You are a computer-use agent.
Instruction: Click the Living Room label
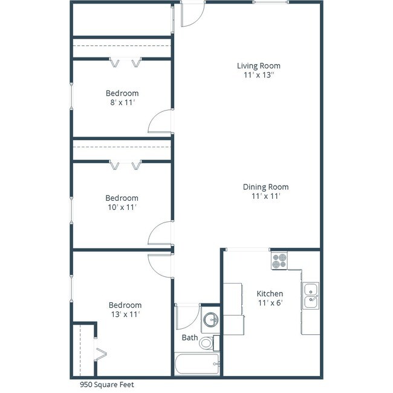[258, 66]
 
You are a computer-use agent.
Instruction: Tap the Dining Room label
[265, 187]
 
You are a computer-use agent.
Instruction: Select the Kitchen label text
[270, 294]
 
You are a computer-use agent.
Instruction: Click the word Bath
[190, 337]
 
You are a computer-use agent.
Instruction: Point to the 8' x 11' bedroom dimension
[122, 103]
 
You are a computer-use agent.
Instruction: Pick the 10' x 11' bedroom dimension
[122, 207]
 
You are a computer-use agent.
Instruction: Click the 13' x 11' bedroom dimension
[125, 314]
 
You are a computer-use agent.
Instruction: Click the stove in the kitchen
[279, 261]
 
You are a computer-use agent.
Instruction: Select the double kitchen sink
[311, 295]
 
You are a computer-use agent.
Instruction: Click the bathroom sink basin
[210, 319]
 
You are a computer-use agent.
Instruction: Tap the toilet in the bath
[207, 343]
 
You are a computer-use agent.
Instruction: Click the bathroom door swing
[186, 316]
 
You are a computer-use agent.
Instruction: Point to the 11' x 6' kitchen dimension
[270, 303]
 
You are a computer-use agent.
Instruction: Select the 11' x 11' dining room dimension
[265, 196]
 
